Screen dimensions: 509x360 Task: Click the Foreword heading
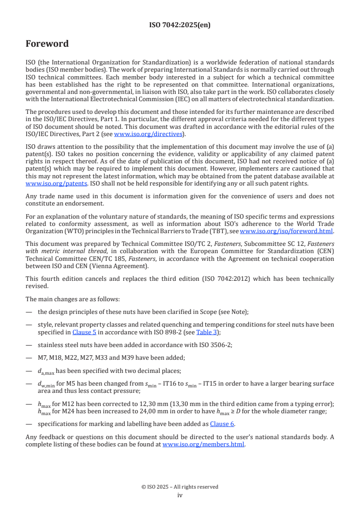point(47,44)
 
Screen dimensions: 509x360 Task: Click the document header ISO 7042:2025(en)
point(180,25)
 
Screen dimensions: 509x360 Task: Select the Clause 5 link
point(81,332)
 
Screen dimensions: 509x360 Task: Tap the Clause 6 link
point(222,424)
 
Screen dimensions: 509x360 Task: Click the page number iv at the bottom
point(180,495)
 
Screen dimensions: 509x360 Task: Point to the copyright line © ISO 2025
point(180,487)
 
